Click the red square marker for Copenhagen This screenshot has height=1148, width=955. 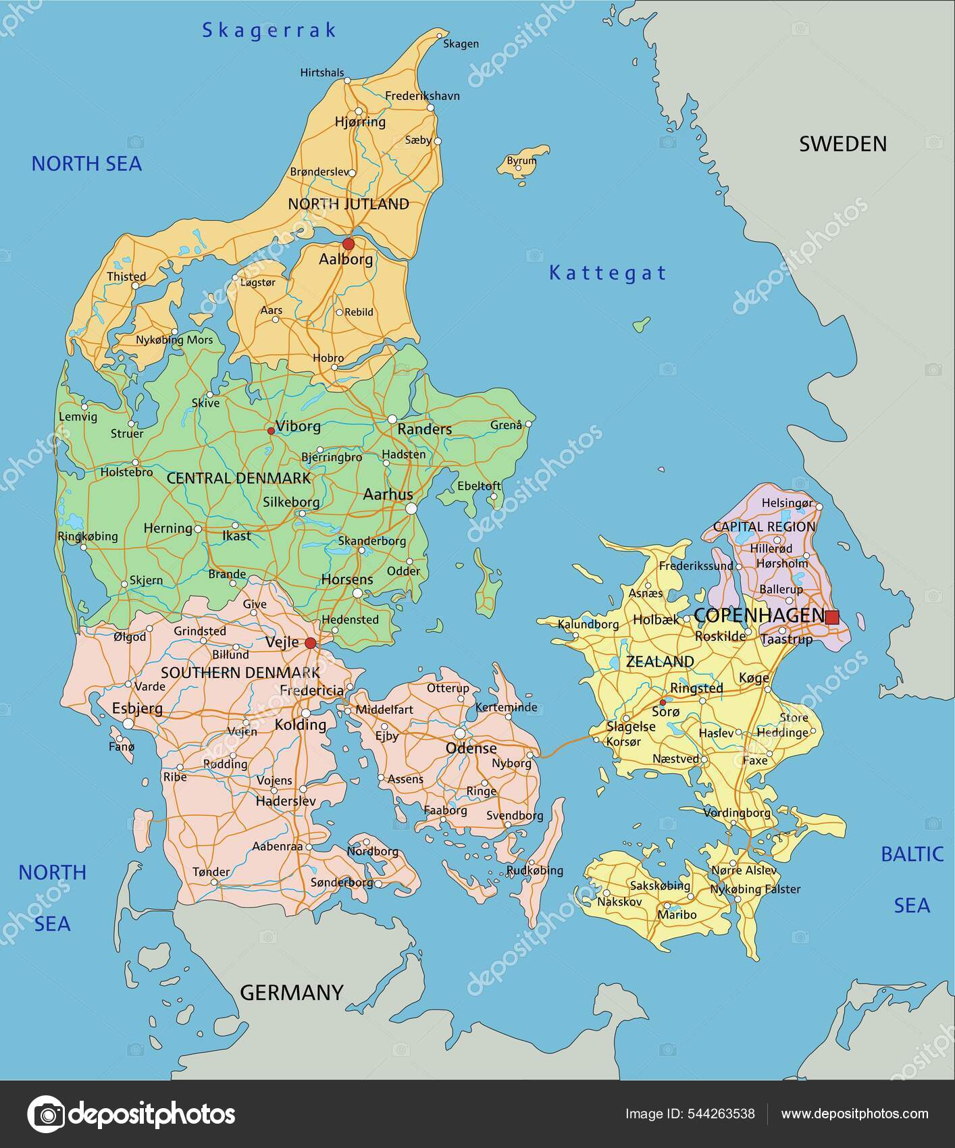(x=832, y=617)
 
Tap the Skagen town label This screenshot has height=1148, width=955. (x=461, y=44)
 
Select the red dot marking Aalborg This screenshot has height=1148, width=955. (x=349, y=243)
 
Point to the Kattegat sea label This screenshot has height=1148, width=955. (x=608, y=273)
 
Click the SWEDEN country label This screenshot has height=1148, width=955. (x=842, y=144)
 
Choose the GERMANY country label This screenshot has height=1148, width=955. (x=292, y=992)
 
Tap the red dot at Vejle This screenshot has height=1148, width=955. (x=310, y=643)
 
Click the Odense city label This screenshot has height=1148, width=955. (x=471, y=748)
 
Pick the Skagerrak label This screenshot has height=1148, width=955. (x=269, y=30)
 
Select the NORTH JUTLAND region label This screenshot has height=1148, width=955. (x=349, y=204)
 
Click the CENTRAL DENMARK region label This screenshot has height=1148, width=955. (x=238, y=478)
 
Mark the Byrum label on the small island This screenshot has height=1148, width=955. (x=521, y=161)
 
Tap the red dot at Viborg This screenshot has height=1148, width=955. (x=271, y=430)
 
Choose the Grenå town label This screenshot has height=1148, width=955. (x=506, y=425)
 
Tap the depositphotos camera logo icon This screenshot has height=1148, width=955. (x=46, y=1114)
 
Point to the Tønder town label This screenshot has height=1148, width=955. (x=211, y=872)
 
